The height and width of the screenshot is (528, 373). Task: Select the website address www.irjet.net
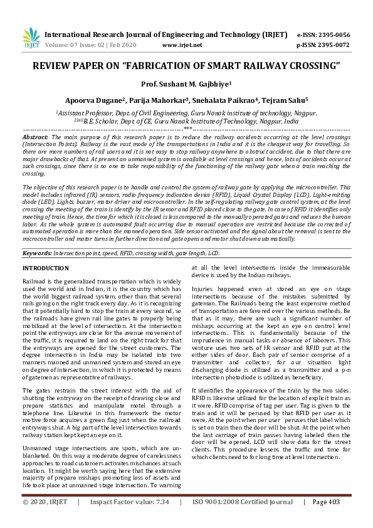tap(182, 45)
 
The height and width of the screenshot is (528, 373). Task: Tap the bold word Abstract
tap(35, 136)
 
